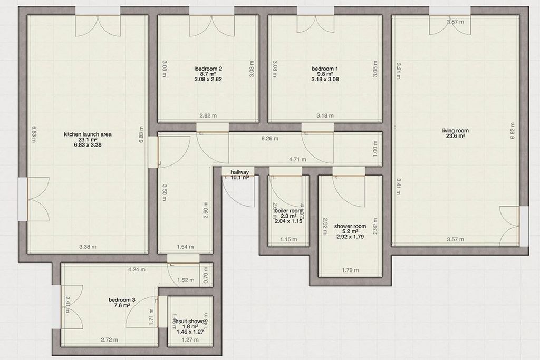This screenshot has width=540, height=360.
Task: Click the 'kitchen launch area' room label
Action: pos(88,134)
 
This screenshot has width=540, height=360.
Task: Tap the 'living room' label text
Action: pos(456,130)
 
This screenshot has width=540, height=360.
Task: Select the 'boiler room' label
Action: pos(288,211)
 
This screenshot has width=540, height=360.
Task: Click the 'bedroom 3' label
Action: pos(122,300)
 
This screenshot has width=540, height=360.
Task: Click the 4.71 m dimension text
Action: pos(297,158)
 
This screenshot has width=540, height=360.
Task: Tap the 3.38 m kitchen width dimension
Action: pos(87,247)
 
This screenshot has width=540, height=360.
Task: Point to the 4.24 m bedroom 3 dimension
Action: pos(137,269)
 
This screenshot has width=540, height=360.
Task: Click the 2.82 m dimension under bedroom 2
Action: pos(208,115)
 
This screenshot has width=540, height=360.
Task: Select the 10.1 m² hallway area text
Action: pos(239,178)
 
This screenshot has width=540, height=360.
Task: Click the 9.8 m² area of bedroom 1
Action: pos(324,74)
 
